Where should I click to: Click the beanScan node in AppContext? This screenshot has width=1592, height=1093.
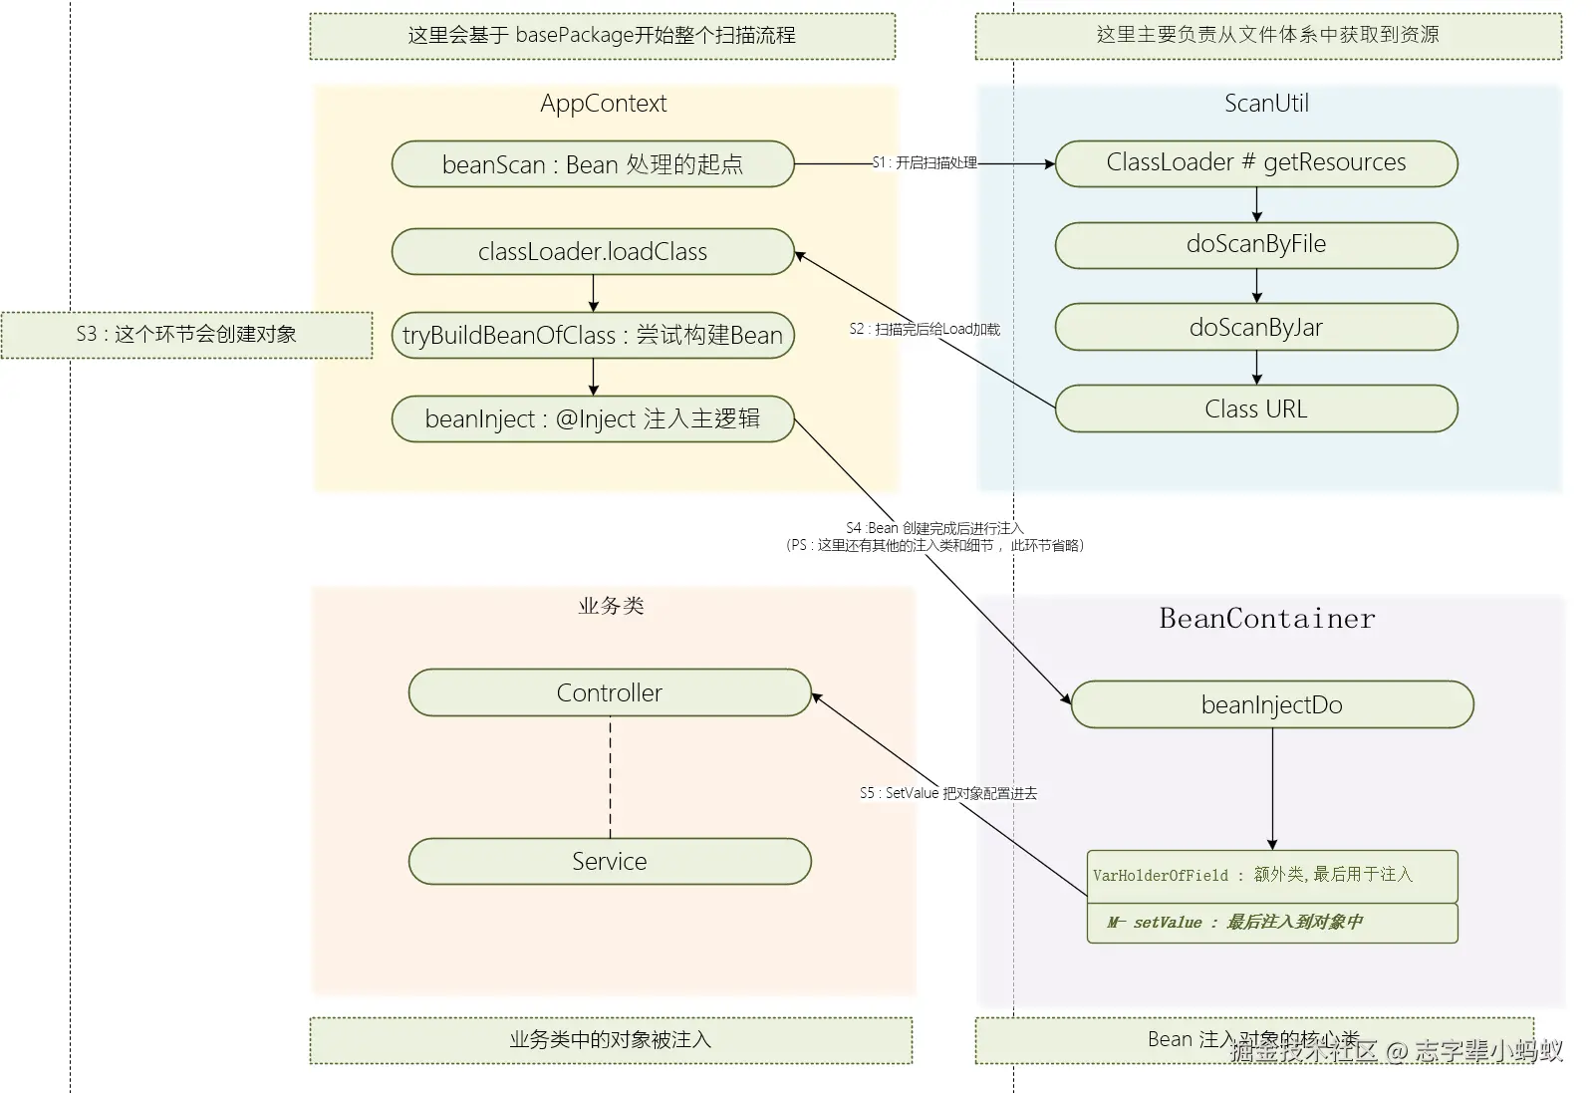[x=593, y=164]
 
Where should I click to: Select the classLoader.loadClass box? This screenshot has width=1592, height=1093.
[x=593, y=252]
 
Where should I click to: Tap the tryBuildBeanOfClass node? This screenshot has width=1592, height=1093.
[x=593, y=336]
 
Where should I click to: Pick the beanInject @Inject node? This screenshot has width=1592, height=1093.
[x=593, y=419]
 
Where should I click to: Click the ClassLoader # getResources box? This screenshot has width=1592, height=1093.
[x=1255, y=163]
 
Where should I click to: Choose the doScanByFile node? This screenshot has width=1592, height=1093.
[x=1255, y=245]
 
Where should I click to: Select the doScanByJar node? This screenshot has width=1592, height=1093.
[x=1255, y=328]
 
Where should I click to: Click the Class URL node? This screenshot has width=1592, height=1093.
[x=1255, y=410]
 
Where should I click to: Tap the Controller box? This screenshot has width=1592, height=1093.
[x=610, y=693]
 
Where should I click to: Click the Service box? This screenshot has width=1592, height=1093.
[x=610, y=862]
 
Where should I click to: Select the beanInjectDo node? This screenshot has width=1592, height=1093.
[x=1271, y=705]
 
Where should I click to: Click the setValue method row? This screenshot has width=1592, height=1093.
[x=1271, y=923]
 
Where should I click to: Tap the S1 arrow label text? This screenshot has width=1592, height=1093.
[x=925, y=162]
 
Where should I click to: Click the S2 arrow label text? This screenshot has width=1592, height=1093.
[x=925, y=329]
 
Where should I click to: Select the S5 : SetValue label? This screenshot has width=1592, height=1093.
[x=947, y=794]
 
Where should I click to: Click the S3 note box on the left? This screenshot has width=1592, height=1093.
[x=186, y=335]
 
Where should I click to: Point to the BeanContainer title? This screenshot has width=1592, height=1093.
[x=1266, y=619]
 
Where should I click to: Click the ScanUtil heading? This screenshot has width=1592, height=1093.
[x=1266, y=104]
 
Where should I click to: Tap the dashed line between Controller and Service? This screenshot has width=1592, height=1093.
[x=610, y=777]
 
